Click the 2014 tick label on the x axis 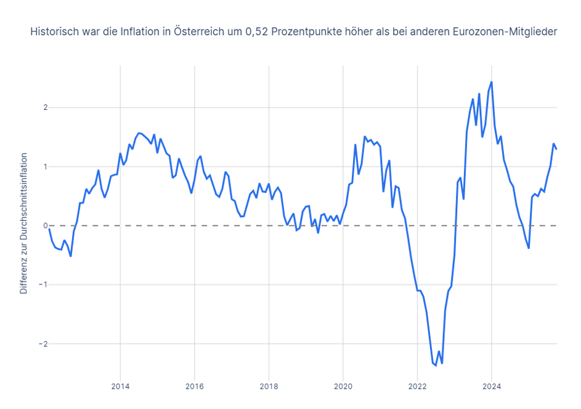click(x=120, y=387)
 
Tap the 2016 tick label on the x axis click(x=195, y=387)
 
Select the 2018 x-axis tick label click(x=269, y=387)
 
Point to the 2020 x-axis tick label click(x=343, y=387)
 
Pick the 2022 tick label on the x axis click(x=417, y=387)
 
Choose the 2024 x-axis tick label click(x=492, y=387)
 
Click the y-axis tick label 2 click(x=36, y=107)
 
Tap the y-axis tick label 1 click(x=36, y=167)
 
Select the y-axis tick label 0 click(x=36, y=226)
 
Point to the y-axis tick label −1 click(x=35, y=285)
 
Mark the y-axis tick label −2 click(x=35, y=344)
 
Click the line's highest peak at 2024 click(x=492, y=82)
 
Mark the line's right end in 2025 click(x=556, y=149)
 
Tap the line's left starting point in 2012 click(x=49, y=229)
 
